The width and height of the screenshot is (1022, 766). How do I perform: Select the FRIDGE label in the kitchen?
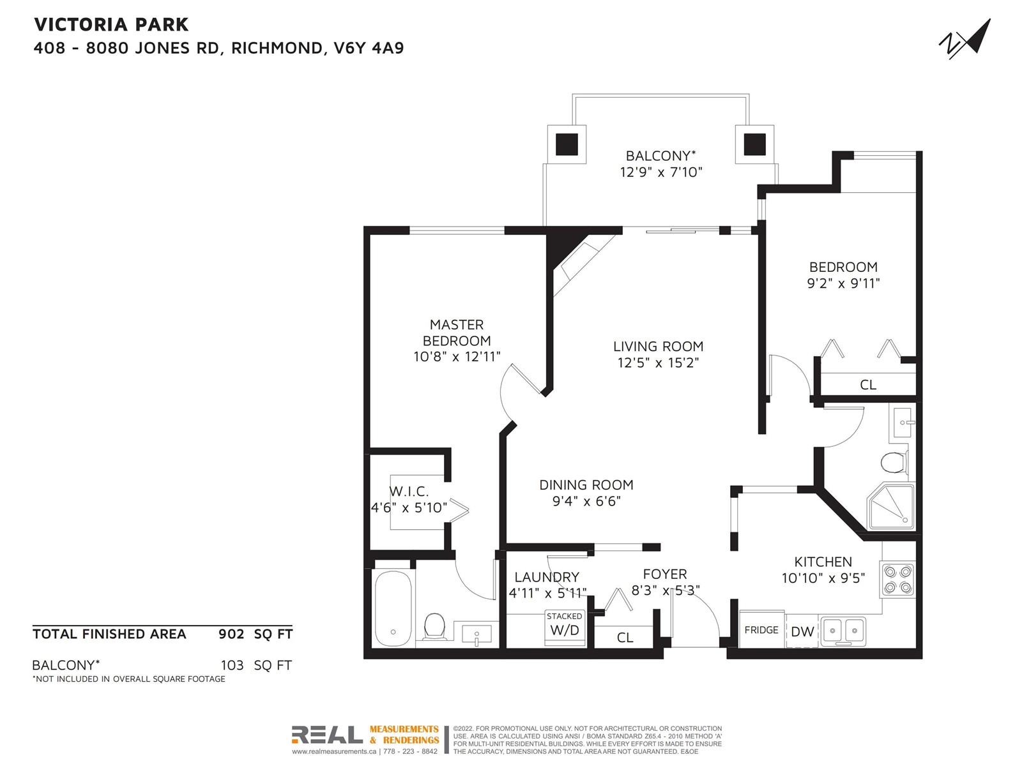pyautogui.click(x=761, y=630)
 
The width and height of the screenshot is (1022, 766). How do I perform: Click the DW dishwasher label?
pyautogui.click(x=803, y=631)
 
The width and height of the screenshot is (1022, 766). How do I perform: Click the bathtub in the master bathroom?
pyautogui.click(x=393, y=609)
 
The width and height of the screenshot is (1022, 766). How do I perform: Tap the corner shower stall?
pyautogui.click(x=890, y=507)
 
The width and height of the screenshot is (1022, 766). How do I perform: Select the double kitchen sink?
pyautogui.click(x=843, y=631)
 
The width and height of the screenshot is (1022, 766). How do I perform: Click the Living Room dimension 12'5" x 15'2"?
pyautogui.click(x=658, y=363)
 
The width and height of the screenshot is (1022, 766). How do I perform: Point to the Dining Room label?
pyautogui.click(x=586, y=484)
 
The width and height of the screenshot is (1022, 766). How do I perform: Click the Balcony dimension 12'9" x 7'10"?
pyautogui.click(x=660, y=172)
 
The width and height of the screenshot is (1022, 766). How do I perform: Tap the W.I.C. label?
pyautogui.click(x=409, y=491)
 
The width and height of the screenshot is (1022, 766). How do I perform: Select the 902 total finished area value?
pyautogui.click(x=231, y=634)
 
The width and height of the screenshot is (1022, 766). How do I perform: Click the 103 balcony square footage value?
pyautogui.click(x=232, y=665)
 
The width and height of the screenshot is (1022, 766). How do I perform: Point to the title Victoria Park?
pyautogui.click(x=111, y=25)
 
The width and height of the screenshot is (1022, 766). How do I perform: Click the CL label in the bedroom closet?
pyautogui.click(x=868, y=385)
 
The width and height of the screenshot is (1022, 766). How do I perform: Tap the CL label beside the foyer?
pyautogui.click(x=625, y=637)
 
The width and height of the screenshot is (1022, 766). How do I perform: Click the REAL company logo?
pyautogui.click(x=327, y=734)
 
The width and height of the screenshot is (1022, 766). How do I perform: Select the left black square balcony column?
pyautogui.click(x=567, y=144)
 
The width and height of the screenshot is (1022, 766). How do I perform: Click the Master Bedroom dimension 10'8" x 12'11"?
pyautogui.click(x=457, y=357)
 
